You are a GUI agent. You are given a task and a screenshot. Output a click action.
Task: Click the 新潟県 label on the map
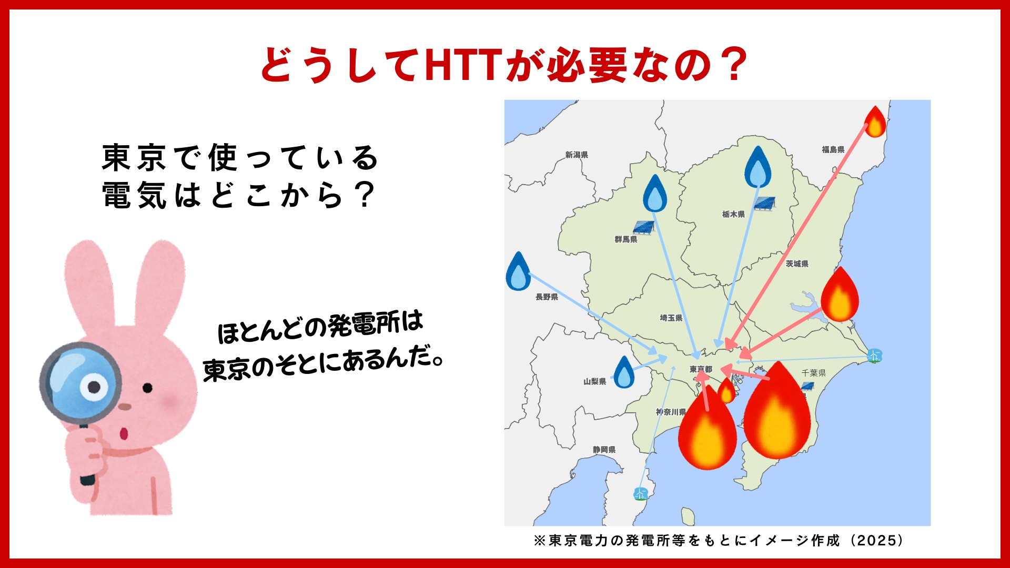[x=577, y=155]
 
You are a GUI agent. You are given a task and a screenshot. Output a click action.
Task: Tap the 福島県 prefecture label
[x=833, y=149]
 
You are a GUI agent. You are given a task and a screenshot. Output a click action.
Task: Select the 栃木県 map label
[x=733, y=214]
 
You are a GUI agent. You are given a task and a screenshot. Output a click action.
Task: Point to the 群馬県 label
[x=626, y=239]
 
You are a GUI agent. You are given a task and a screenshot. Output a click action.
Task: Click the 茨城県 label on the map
[x=797, y=263]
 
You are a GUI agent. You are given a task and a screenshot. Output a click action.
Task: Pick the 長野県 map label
[x=547, y=297]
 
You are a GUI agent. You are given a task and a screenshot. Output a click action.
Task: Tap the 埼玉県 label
[x=671, y=318]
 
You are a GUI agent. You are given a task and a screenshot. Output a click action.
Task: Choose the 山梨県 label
[x=595, y=381]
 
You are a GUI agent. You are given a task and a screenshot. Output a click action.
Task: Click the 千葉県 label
[x=814, y=373]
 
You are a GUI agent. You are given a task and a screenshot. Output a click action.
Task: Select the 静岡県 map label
[x=604, y=450]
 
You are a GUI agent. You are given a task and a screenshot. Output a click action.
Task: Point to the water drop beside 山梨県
[x=624, y=372]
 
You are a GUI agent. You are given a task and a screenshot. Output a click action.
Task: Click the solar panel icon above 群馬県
[x=643, y=227]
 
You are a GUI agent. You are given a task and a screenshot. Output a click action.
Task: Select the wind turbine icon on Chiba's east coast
[x=874, y=356]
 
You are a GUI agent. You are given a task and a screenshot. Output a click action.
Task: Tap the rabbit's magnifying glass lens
[x=80, y=383]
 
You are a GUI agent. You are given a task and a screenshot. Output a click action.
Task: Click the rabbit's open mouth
[x=124, y=434]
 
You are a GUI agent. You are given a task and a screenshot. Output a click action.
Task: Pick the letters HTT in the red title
[x=464, y=65]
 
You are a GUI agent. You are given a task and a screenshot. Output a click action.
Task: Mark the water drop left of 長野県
[x=518, y=271]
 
